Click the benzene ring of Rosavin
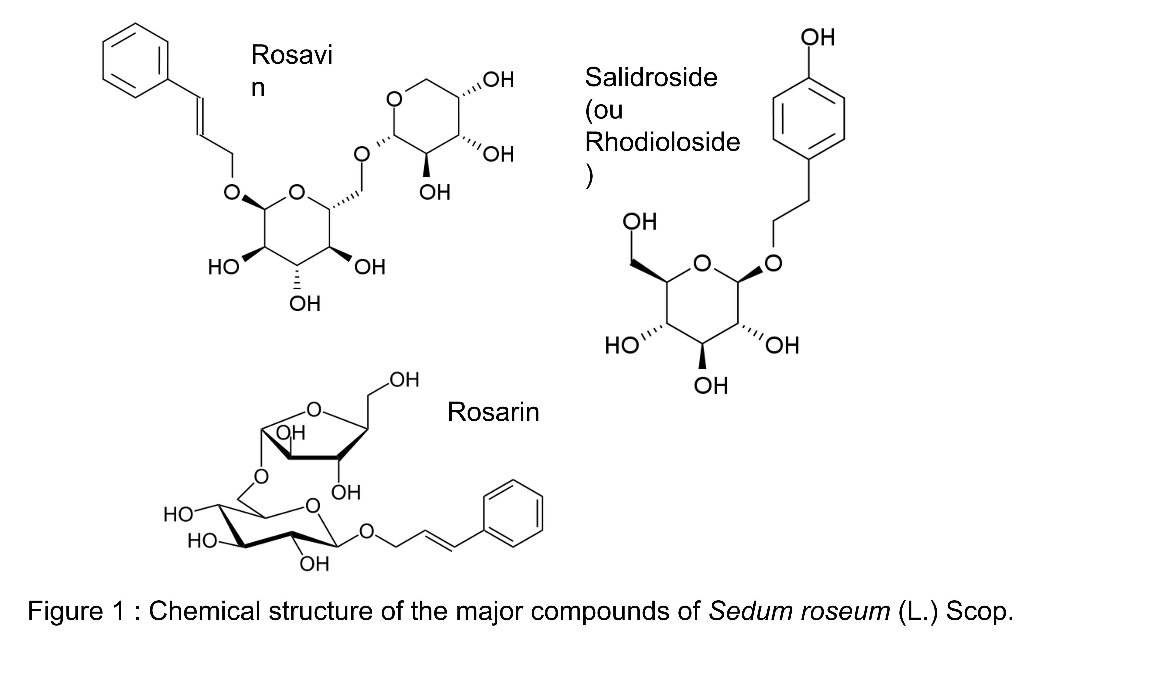point(135,60)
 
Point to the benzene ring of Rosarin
point(513,513)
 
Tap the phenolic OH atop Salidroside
point(818,37)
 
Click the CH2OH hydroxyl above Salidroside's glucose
point(639,222)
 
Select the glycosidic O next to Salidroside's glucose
point(773,263)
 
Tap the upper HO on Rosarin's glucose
point(178,515)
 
